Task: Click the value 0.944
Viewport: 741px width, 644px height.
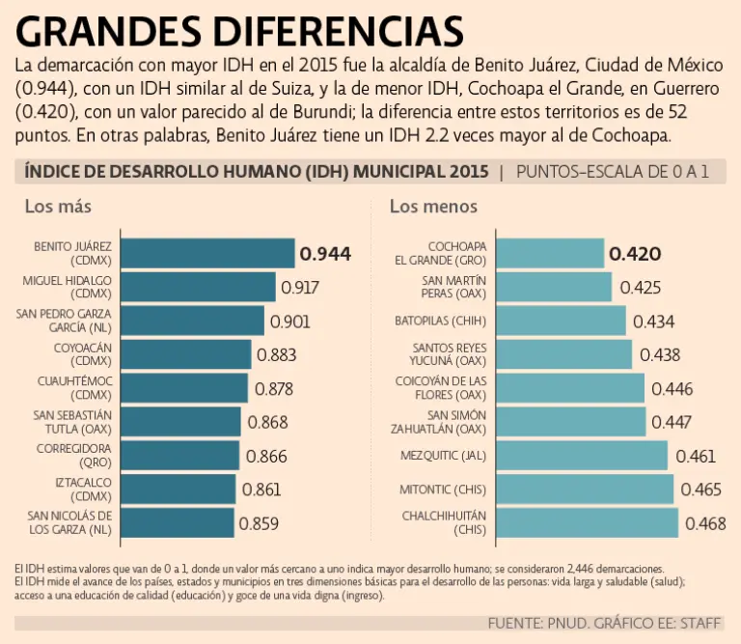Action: point(325,255)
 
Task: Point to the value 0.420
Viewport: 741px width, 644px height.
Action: point(635,255)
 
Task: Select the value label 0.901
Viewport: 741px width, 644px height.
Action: point(290,322)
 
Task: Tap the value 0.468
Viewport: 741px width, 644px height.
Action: point(706,524)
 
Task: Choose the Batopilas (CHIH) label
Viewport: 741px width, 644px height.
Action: point(440,320)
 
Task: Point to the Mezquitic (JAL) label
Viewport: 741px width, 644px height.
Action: point(443,455)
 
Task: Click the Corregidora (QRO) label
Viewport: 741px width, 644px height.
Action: point(75,455)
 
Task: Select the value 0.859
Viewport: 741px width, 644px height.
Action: point(259,524)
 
